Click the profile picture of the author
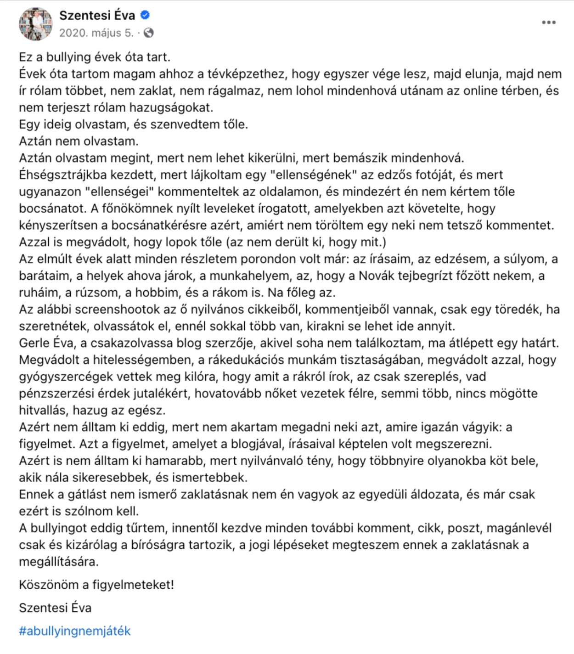pyautogui.click(x=35, y=24)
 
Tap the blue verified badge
pyautogui.click(x=145, y=15)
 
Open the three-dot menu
pyautogui.click(x=548, y=23)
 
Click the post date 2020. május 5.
pyautogui.click(x=96, y=33)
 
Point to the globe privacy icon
pyautogui.click(x=148, y=33)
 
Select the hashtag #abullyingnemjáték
pyautogui.click(x=75, y=631)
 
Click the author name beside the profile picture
pyautogui.click(x=97, y=15)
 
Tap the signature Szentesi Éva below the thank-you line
pyautogui.click(x=55, y=608)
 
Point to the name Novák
pyautogui.click(x=376, y=276)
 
